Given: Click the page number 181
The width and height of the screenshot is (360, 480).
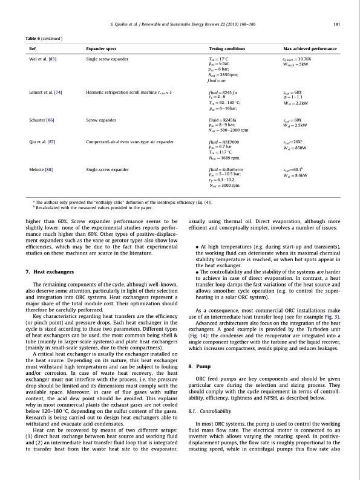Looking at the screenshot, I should click(335, 24).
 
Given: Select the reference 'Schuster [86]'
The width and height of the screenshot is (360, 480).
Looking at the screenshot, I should click(42, 120).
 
